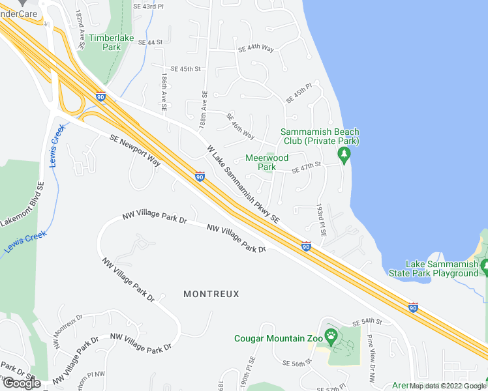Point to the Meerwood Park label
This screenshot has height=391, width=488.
click(266, 162)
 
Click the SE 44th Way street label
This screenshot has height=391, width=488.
click(255, 49)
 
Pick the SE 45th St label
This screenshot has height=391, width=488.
click(185, 68)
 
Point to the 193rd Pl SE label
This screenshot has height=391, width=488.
click(321, 222)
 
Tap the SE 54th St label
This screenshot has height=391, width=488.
click(366, 322)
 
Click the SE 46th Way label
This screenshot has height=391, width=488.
click(241, 126)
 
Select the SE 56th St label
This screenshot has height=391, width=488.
click(294, 363)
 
